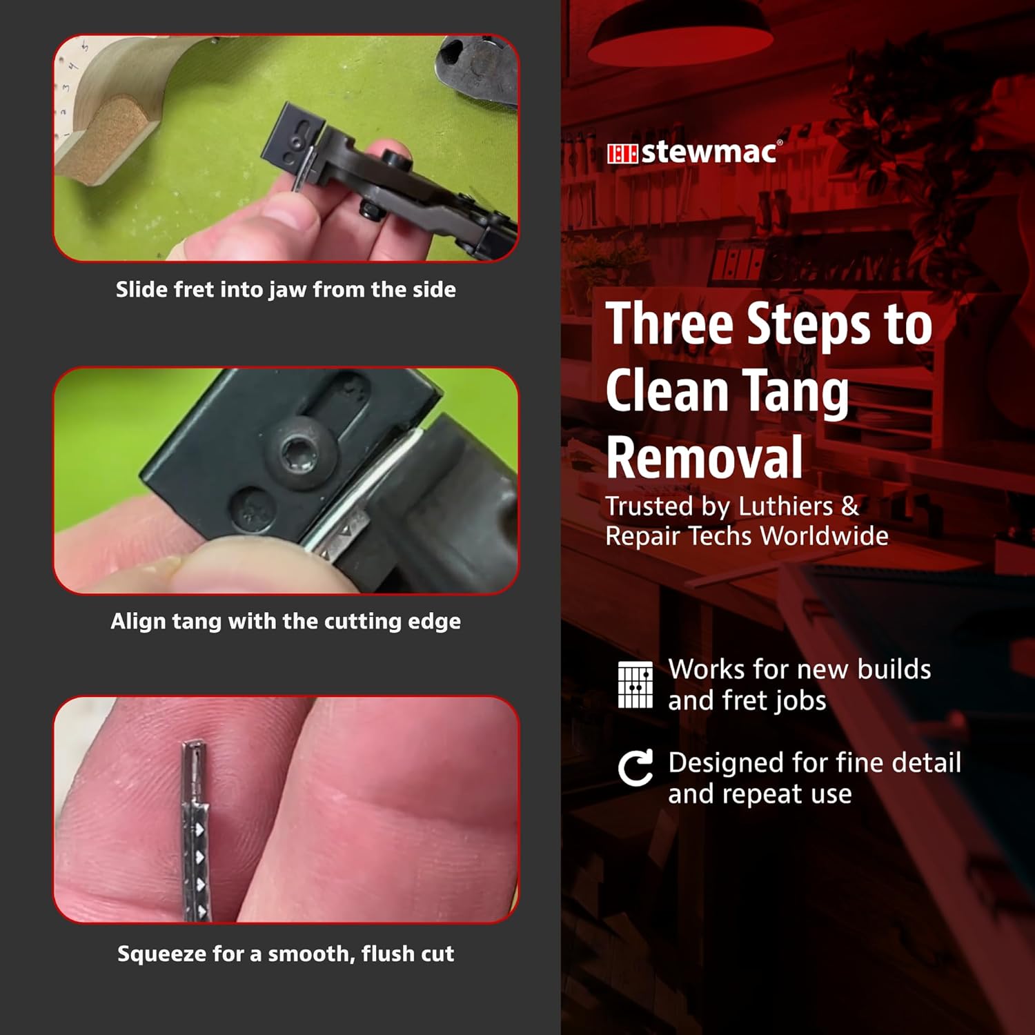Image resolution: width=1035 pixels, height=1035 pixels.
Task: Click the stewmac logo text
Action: pos(711,152)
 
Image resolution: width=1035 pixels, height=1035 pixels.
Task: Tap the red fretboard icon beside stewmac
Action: pos(622,154)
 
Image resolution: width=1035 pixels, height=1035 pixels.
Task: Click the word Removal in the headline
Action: pos(704,457)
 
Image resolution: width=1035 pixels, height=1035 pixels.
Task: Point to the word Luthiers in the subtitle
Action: pos(785,506)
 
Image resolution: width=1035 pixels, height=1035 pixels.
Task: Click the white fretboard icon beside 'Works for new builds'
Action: pos(635,684)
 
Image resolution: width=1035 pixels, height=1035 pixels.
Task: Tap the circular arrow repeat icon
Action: pos(635,769)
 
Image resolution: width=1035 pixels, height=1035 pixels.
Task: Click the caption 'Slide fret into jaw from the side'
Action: pos(286,290)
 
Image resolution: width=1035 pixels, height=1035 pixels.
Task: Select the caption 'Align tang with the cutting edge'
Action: pos(286,621)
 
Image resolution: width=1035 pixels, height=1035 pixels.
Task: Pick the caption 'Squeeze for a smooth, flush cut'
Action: pos(286,954)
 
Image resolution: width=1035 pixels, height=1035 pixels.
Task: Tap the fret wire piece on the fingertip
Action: pos(195,831)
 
